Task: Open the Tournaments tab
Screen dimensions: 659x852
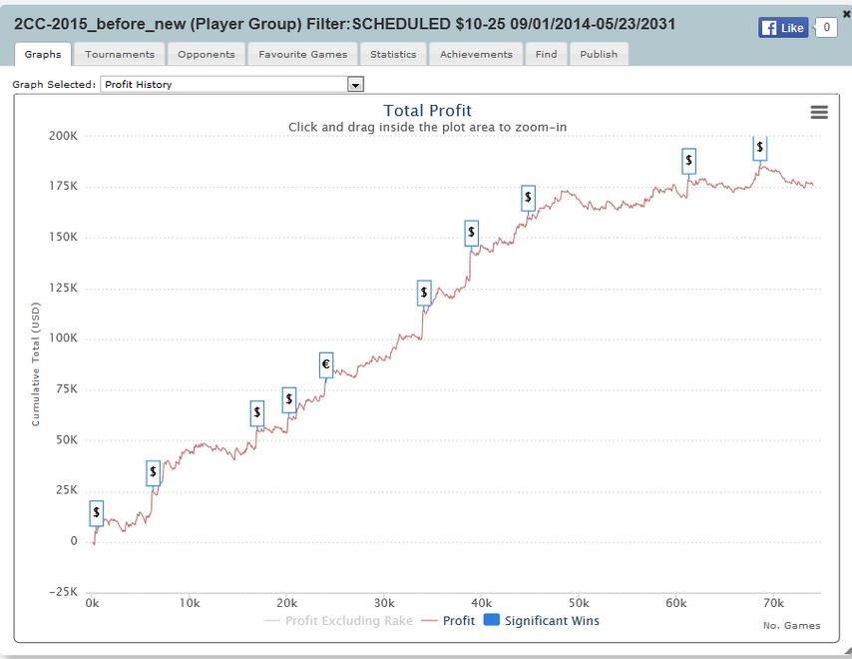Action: click(x=120, y=54)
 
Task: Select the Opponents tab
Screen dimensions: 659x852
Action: click(x=207, y=54)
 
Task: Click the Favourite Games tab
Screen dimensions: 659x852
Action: click(x=302, y=54)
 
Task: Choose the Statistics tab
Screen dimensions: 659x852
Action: click(x=393, y=54)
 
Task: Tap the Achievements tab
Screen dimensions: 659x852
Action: click(x=476, y=54)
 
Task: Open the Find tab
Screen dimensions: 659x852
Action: click(x=546, y=54)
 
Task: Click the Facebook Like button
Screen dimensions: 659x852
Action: click(x=783, y=28)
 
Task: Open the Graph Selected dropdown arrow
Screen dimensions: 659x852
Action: click(x=355, y=85)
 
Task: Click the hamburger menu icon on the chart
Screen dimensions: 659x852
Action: click(x=819, y=113)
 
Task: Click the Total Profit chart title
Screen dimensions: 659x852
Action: click(x=427, y=111)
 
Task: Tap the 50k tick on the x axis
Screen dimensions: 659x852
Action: click(x=579, y=603)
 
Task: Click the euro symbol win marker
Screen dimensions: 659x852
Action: click(x=325, y=364)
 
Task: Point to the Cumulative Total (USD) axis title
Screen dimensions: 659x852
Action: click(x=36, y=364)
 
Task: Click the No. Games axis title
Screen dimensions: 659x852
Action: click(x=791, y=626)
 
